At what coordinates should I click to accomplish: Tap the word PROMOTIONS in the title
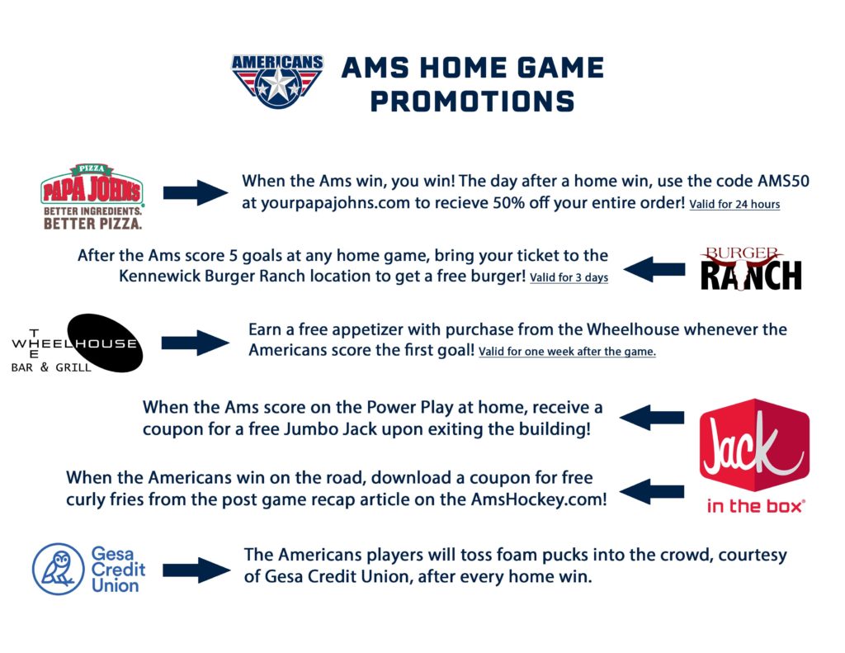click(472, 101)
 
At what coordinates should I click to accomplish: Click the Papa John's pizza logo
click(92, 196)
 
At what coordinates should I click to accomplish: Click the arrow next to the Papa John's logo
click(195, 193)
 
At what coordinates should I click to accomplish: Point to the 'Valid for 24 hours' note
click(734, 204)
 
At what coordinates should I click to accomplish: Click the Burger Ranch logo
click(750, 268)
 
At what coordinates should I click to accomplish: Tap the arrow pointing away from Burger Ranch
click(654, 269)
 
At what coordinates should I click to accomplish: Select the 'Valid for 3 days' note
click(569, 277)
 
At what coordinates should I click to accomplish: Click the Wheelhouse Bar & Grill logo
click(77, 343)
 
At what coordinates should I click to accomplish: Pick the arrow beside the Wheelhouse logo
click(195, 343)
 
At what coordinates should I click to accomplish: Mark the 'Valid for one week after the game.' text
click(567, 352)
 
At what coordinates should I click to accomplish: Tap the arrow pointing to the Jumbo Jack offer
click(652, 418)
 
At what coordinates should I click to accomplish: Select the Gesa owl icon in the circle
click(59, 569)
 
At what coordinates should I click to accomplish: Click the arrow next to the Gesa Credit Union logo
click(196, 570)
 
